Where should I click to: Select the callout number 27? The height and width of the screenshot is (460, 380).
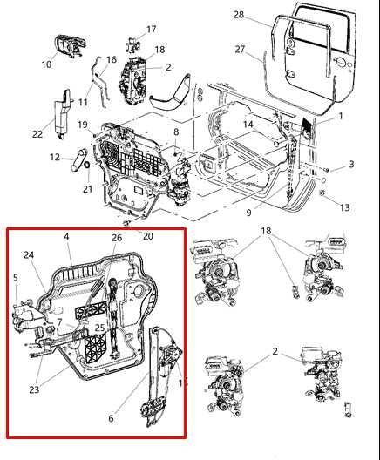click(x=239, y=51)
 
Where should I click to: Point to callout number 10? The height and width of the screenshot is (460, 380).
click(x=46, y=64)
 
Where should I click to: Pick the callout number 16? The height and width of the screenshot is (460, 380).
click(x=111, y=59)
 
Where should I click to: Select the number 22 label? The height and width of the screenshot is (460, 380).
click(x=37, y=133)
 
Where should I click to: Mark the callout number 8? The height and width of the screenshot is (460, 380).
click(x=175, y=132)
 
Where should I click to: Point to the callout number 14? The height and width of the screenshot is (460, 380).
click(x=248, y=125)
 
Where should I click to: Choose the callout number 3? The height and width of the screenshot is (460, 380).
click(x=351, y=164)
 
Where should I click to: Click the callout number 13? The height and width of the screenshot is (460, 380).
click(x=346, y=207)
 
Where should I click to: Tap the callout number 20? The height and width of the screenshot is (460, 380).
click(x=147, y=235)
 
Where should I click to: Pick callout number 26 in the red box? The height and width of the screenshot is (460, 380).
click(x=117, y=238)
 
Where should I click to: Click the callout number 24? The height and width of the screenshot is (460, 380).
click(x=29, y=255)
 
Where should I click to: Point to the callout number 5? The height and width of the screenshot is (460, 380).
click(x=15, y=278)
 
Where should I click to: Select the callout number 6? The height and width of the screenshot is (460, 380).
click(x=110, y=418)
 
